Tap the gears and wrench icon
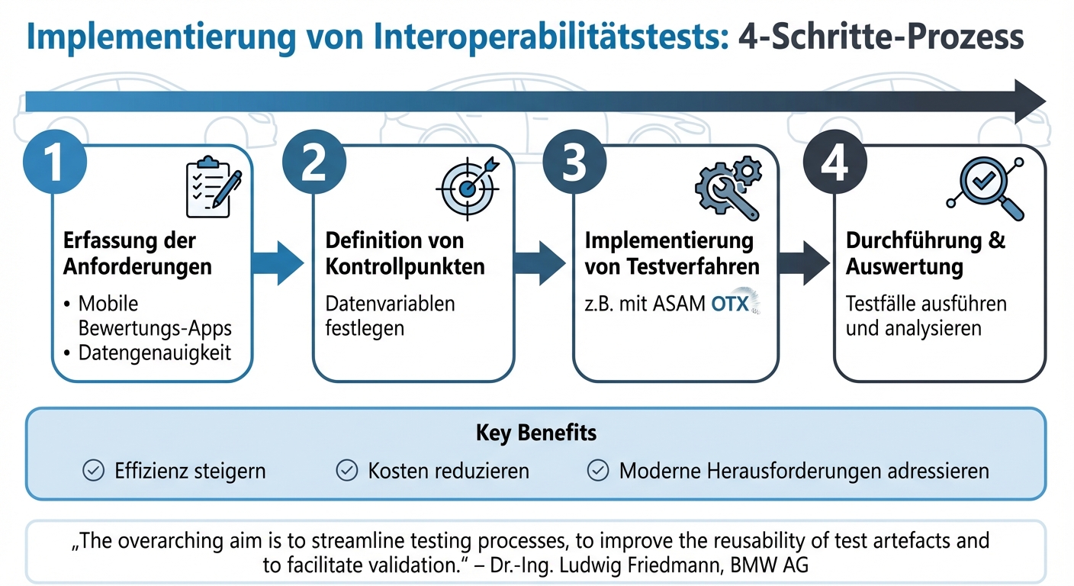(x=727, y=186)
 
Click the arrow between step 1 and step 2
(x=278, y=263)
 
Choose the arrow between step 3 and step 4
(x=805, y=263)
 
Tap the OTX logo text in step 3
(x=731, y=304)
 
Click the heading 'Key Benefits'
(x=536, y=433)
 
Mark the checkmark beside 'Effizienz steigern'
(x=93, y=471)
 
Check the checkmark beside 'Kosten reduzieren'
(x=346, y=471)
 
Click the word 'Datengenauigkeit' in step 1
(x=155, y=353)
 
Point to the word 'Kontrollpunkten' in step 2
(x=405, y=266)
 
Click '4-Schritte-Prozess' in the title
(x=882, y=38)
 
